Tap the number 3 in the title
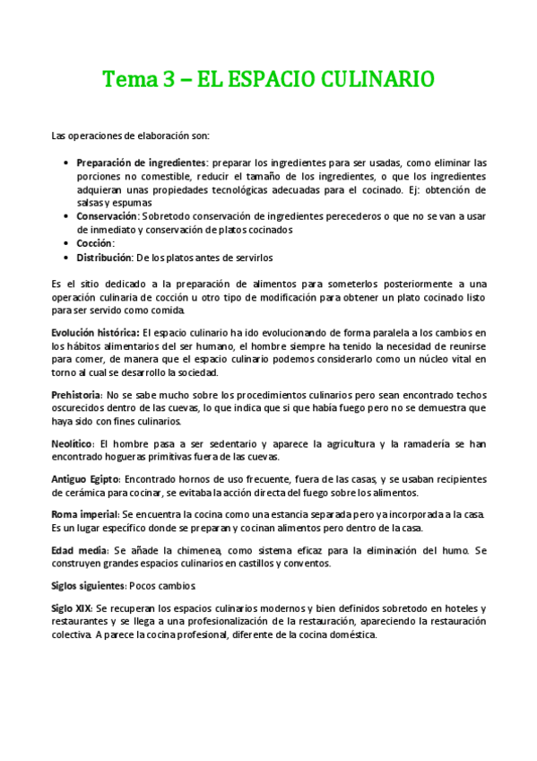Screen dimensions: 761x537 [x=169, y=80]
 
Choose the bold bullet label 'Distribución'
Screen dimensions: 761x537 [x=108, y=258]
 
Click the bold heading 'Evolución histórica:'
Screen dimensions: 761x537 [x=95, y=332]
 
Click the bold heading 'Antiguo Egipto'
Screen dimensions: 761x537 [x=86, y=477]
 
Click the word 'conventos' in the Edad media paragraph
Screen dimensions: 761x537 [x=307, y=563]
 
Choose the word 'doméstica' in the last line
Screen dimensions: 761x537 [x=352, y=634]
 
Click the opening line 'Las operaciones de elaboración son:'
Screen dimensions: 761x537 [x=131, y=136]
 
